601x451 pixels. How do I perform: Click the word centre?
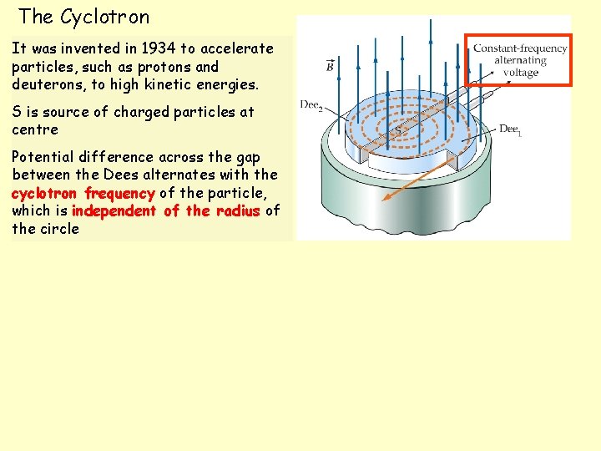(x=35, y=129)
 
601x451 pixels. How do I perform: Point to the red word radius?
(x=237, y=211)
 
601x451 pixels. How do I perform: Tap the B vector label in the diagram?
(x=330, y=66)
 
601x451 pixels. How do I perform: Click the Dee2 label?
(x=311, y=104)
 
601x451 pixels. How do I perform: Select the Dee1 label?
(x=510, y=129)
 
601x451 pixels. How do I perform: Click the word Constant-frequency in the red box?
(x=519, y=48)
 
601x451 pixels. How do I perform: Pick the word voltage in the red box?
(x=520, y=73)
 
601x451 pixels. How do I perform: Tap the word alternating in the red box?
(x=520, y=60)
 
